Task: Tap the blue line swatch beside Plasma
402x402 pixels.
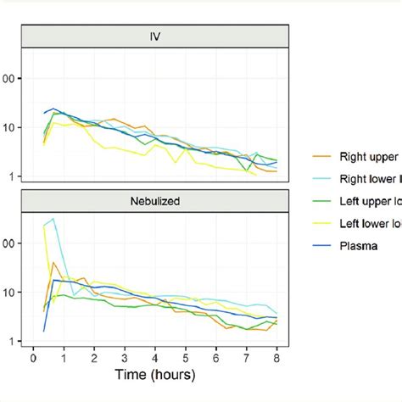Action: (321, 248)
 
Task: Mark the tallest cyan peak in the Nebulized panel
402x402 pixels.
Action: (53, 219)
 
